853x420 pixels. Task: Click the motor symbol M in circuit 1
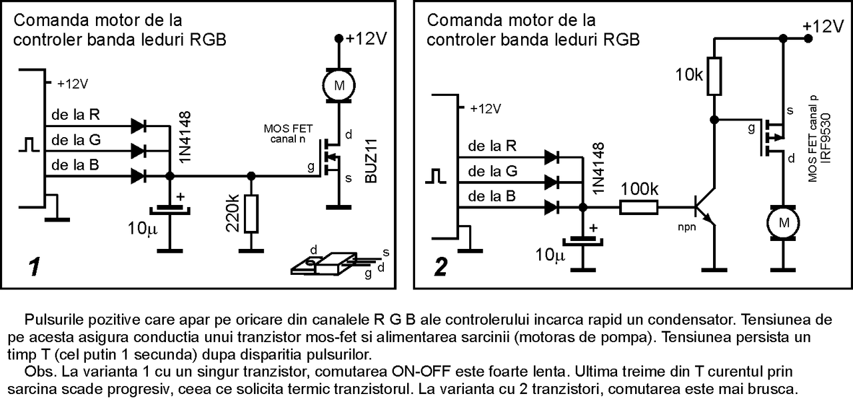coord(339,84)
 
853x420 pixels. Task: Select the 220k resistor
coord(251,214)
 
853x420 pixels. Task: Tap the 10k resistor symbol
coord(714,75)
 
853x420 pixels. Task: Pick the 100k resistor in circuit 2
coord(640,207)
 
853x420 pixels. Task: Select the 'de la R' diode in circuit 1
coord(139,124)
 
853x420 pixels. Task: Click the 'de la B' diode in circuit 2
coord(551,207)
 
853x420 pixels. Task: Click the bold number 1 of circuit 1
coord(33,268)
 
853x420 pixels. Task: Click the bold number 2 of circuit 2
coord(440,266)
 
